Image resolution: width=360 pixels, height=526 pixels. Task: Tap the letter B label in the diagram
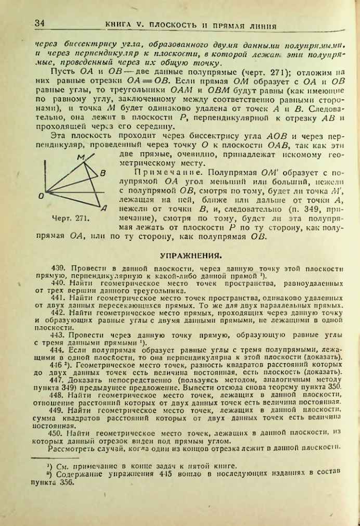pos(103,173)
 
